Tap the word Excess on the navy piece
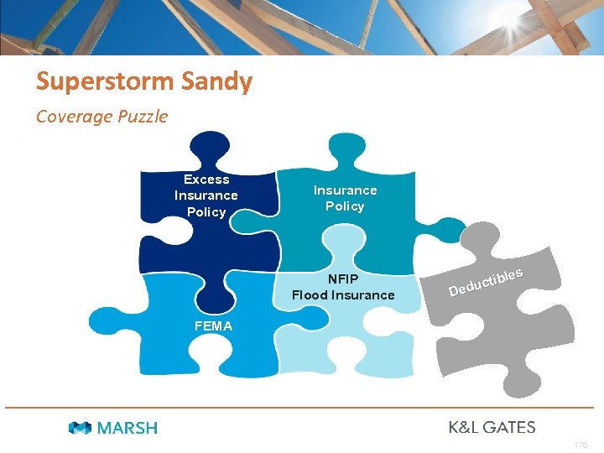tap(206, 180)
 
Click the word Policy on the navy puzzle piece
tap(206, 212)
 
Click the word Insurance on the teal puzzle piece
tap(345, 190)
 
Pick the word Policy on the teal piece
tap(345, 206)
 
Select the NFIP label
tap(343, 279)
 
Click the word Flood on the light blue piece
tap(310, 295)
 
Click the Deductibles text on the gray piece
tap(487, 283)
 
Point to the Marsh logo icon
tap(81, 428)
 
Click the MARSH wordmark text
tap(127, 428)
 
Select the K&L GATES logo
tap(492, 427)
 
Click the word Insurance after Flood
tap(362, 295)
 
